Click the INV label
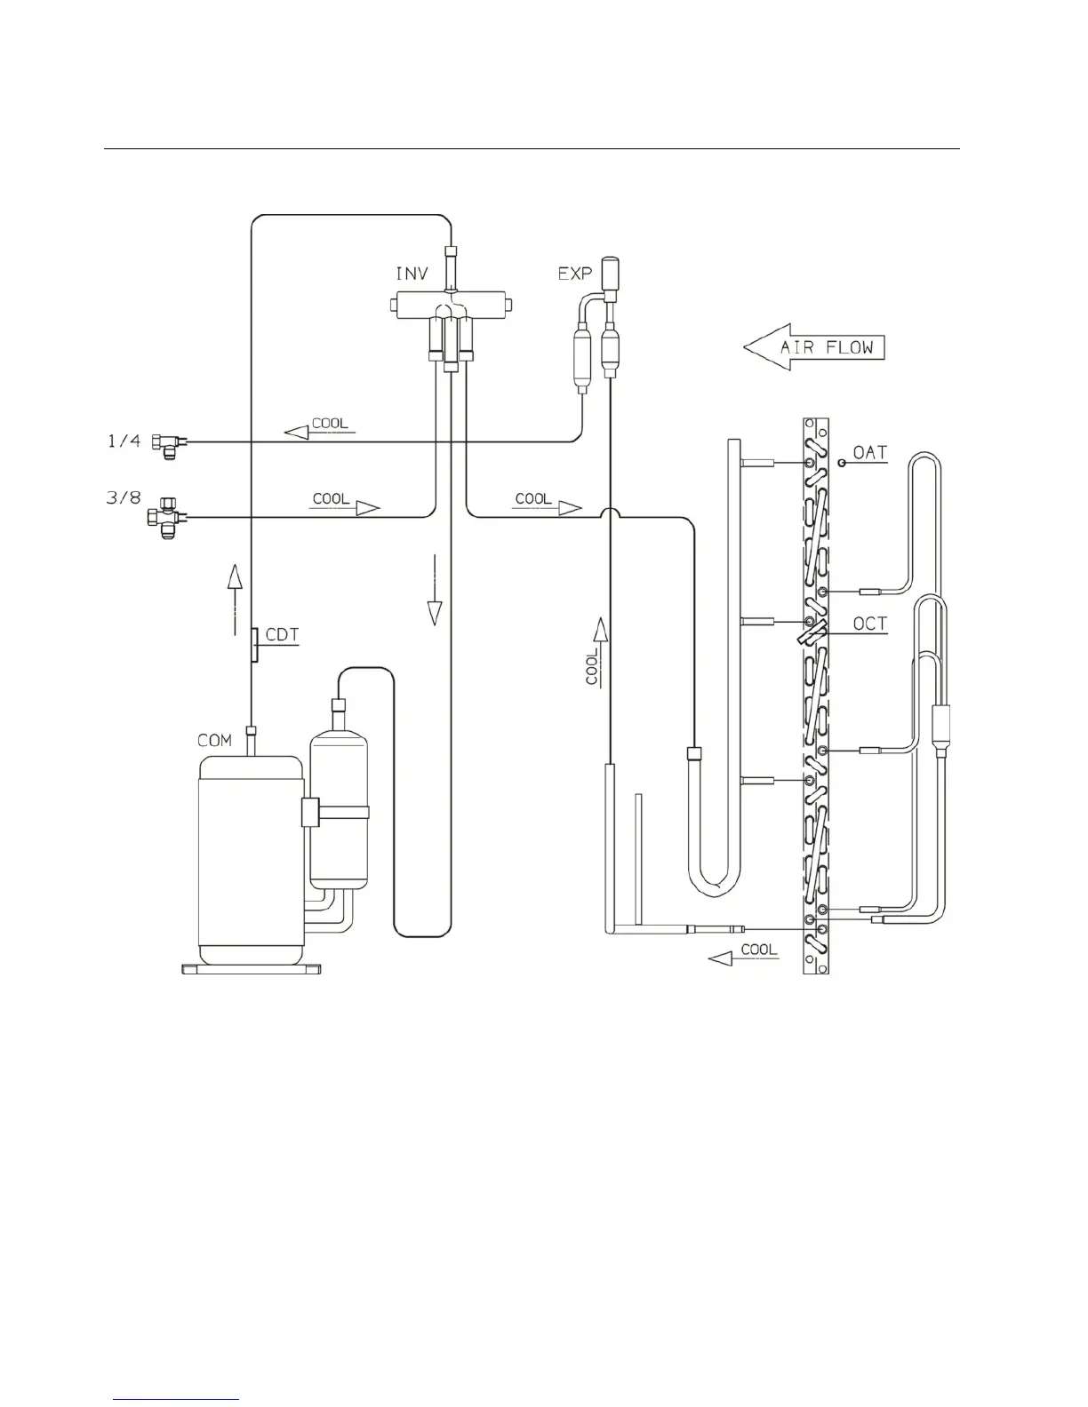pyautogui.click(x=411, y=274)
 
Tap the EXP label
pyautogui.click(x=574, y=274)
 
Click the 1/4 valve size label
pyautogui.click(x=124, y=440)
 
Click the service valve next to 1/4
pyautogui.click(x=166, y=441)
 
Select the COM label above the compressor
pyautogui.click(x=214, y=740)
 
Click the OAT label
pyautogui.click(x=869, y=452)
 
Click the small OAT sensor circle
pyautogui.click(x=841, y=463)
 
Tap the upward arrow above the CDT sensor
pyautogui.click(x=235, y=585)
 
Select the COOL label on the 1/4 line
pyautogui.click(x=330, y=424)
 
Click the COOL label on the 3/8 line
pyautogui.click(x=332, y=498)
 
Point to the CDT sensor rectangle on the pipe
pyautogui.click(x=254, y=645)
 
